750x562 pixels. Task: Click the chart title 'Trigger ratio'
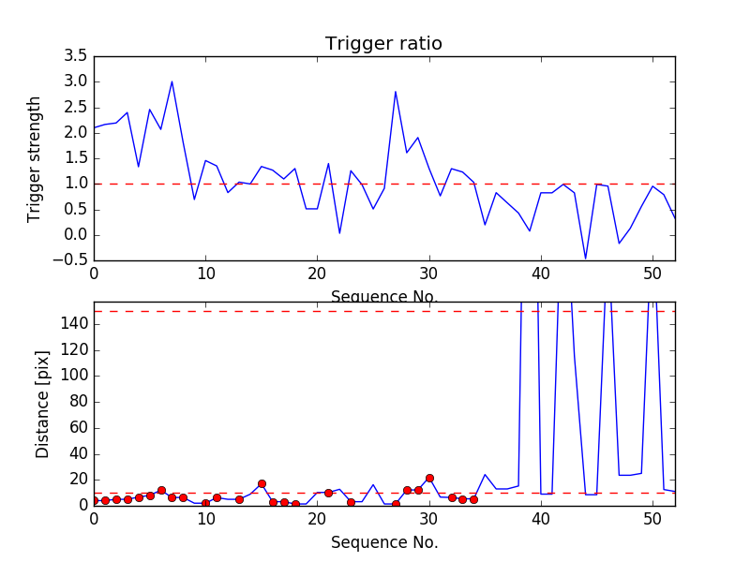[383, 44]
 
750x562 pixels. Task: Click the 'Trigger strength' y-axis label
[35, 158]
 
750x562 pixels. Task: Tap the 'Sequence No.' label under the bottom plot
[384, 542]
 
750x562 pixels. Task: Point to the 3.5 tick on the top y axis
[76, 56]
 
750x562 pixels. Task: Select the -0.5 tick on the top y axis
[72, 260]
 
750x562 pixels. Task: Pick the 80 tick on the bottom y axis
[77, 402]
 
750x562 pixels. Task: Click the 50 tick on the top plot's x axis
[652, 273]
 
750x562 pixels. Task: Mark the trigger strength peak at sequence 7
[172, 81]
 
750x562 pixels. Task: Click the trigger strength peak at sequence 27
[396, 92]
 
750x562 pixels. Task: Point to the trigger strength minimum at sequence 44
[586, 259]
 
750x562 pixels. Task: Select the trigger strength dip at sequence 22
[339, 233]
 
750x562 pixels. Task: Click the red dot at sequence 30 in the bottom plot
[429, 478]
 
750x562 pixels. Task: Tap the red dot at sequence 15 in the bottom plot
[262, 483]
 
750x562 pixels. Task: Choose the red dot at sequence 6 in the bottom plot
[161, 490]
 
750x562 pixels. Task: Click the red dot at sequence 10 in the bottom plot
[205, 503]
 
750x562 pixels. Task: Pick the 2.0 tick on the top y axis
[76, 133]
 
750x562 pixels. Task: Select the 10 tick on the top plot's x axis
[205, 273]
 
